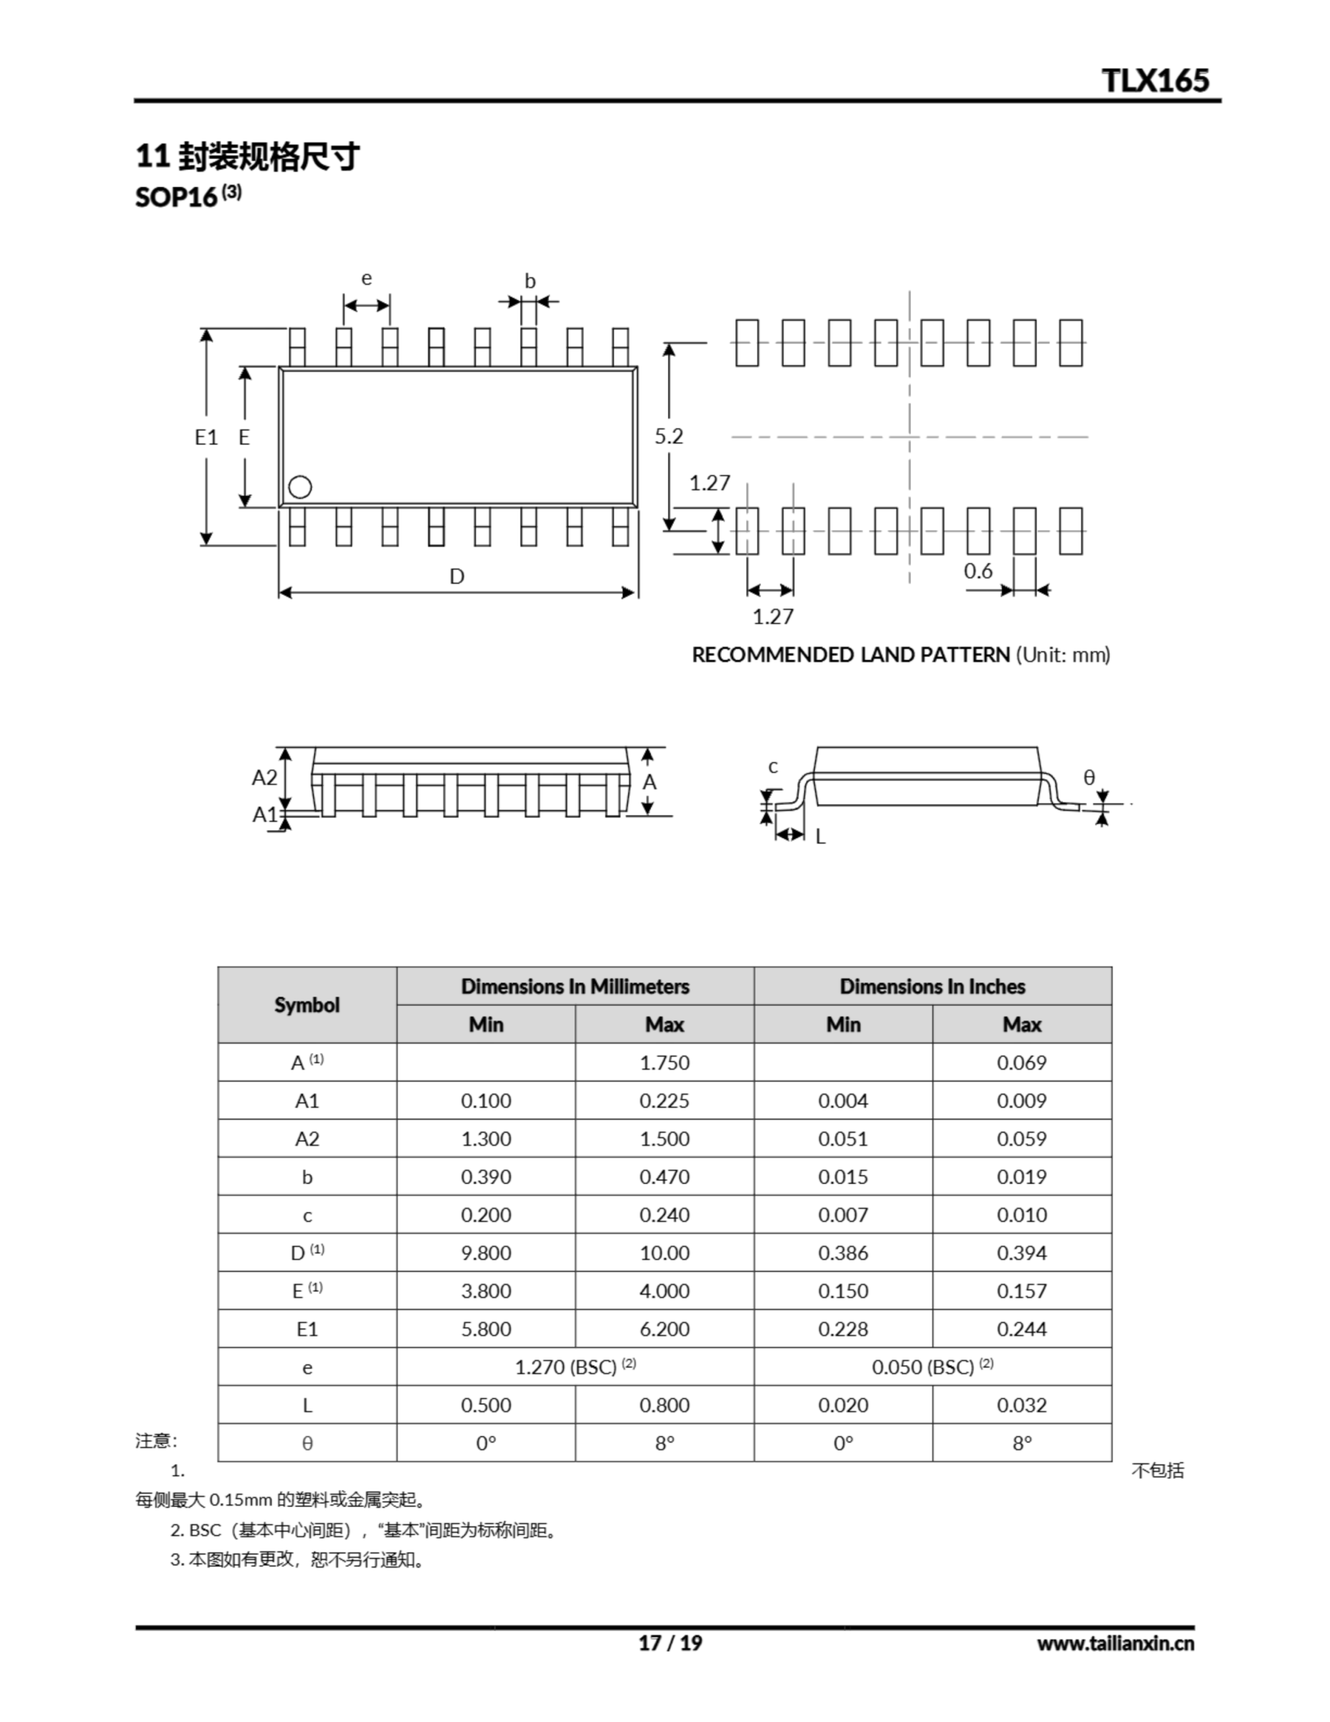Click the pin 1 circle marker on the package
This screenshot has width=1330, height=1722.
300,487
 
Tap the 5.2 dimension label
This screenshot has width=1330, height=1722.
668,436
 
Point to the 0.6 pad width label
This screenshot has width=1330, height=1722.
978,571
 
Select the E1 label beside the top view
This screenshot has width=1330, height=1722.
206,437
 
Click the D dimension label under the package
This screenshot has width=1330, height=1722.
457,576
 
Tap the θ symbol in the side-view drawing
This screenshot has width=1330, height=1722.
1089,778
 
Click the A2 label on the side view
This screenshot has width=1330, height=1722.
264,778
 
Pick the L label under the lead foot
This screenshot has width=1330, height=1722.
820,837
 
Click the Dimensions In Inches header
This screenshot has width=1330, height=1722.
932,986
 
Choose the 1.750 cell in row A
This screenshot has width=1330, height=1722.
664,1062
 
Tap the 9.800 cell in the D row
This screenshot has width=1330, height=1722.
485,1253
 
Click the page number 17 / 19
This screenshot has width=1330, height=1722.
669,1643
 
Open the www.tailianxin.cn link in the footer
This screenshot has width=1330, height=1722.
1115,1643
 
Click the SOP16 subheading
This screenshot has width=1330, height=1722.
177,197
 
